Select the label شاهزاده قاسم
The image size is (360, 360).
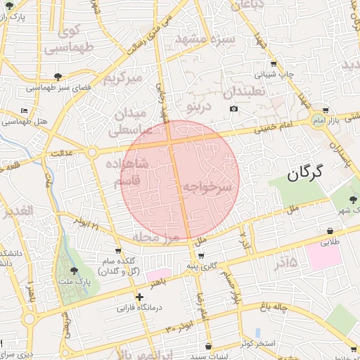[127, 172]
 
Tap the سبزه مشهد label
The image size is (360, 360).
[206, 39]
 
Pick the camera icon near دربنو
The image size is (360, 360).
[234, 108]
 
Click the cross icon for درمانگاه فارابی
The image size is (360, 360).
[139, 297]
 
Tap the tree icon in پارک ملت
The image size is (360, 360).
[75, 271]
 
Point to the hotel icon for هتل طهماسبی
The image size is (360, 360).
[25, 110]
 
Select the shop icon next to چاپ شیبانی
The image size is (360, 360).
[273, 63]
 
